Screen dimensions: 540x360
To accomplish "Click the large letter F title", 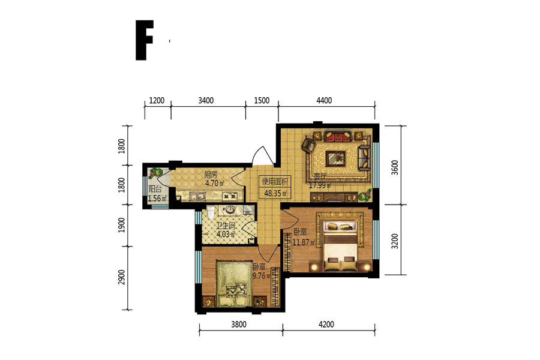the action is point(144,40).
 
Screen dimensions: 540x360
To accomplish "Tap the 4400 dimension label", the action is point(324,101).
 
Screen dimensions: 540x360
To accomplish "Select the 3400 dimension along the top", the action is point(206,101).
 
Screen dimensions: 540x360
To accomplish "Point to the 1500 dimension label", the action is point(262,101).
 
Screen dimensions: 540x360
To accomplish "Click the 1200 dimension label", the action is point(157,101).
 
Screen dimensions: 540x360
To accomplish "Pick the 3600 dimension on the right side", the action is point(395,167).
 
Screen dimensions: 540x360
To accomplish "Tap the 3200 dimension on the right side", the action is point(395,241).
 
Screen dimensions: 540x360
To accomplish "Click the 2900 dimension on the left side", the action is point(122,277).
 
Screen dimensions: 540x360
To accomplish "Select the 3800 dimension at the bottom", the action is point(239,325).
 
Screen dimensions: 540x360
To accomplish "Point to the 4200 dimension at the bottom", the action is point(326,325).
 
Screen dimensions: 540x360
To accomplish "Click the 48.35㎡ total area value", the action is point(275,193).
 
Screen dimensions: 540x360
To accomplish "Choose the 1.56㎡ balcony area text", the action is point(157,199).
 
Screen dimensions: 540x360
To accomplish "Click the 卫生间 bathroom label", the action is point(226,226).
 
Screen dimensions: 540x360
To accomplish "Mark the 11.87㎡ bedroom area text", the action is point(304,242).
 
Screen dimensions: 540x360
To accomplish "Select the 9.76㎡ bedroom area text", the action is point(262,275).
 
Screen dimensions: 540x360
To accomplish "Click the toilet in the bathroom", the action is point(211,212).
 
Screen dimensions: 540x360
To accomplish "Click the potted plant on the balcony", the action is point(156,173).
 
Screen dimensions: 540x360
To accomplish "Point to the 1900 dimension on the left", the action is point(122,225).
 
